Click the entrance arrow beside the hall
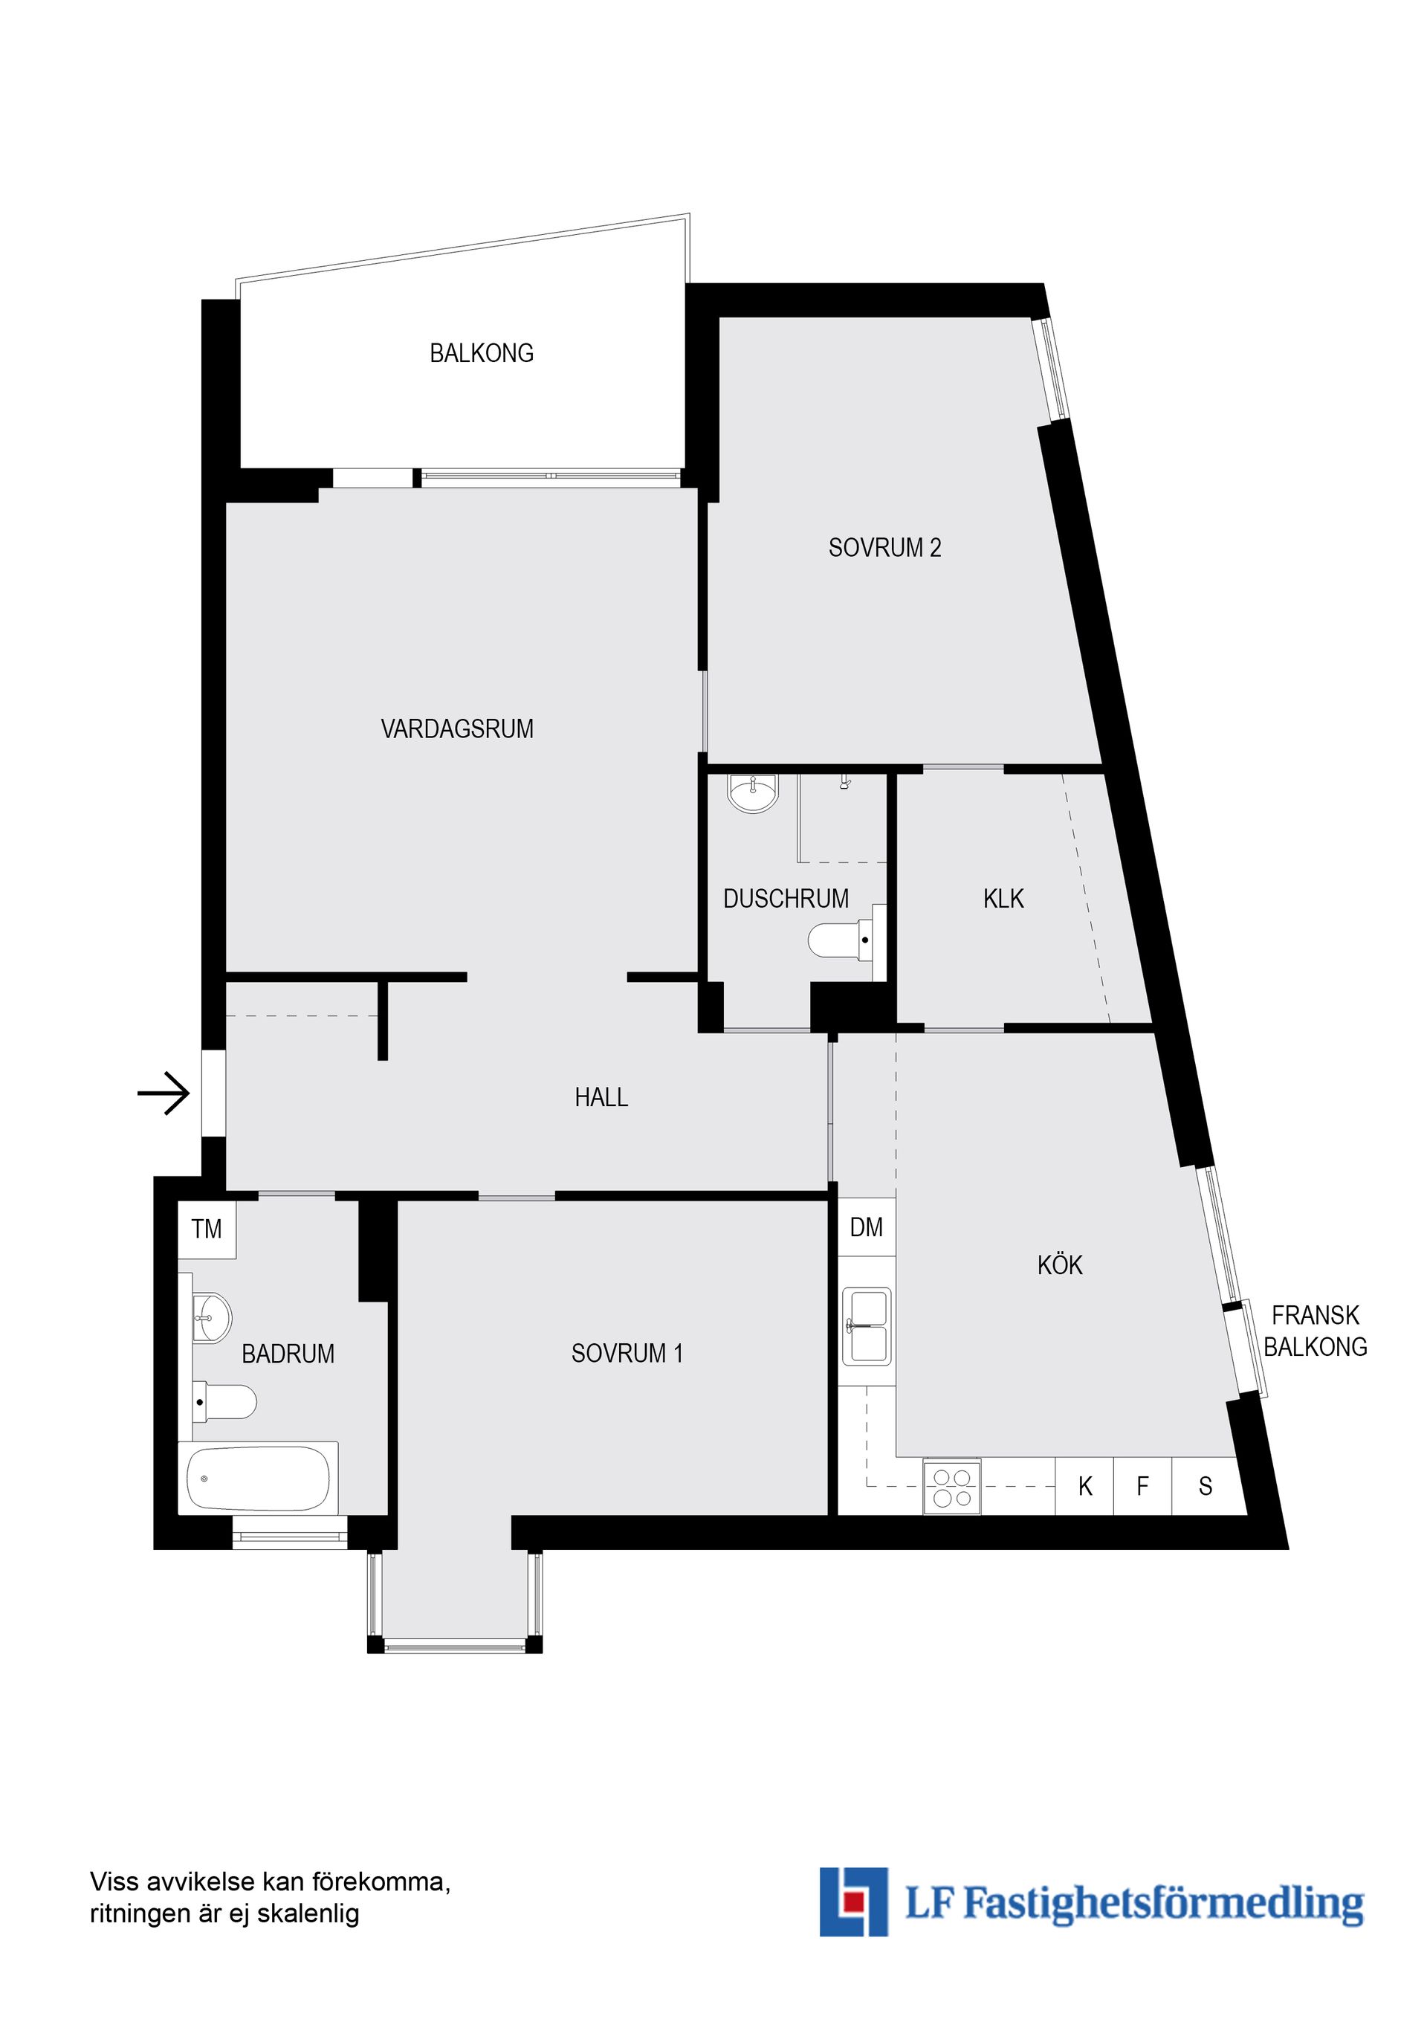pos(164,1094)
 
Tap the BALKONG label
pos(481,354)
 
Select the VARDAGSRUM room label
pos(456,729)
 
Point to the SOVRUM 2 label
pos(884,548)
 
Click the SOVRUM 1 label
pos(627,1354)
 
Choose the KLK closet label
pos(1003,899)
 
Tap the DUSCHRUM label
pos(785,899)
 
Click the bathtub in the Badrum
pos(259,1478)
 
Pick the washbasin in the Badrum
pos(211,1318)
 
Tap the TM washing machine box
pos(207,1230)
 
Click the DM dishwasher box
pos(866,1227)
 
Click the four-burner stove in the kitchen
pos(951,1487)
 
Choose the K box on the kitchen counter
pos(1085,1487)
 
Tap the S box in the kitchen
pos(1206,1487)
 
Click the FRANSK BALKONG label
pos(1315,1331)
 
